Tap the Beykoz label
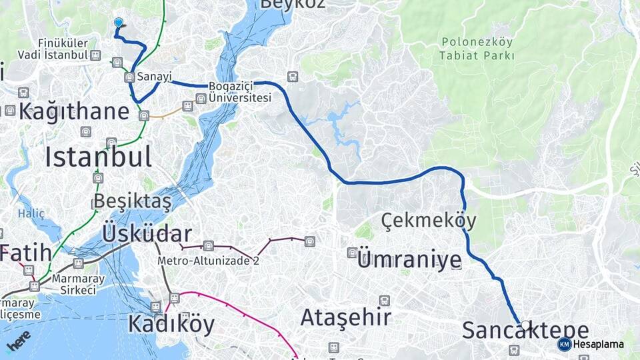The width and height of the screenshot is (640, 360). click(x=292, y=4)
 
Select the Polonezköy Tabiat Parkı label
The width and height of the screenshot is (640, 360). click(x=477, y=49)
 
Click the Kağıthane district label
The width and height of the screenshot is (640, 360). click(x=73, y=111)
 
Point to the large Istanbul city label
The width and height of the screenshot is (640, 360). click(x=98, y=157)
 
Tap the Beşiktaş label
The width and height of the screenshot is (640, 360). click(x=133, y=201)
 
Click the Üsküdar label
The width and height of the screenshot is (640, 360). click(x=147, y=233)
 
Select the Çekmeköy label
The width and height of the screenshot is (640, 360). click(x=429, y=220)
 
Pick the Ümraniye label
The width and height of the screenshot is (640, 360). click(x=409, y=259)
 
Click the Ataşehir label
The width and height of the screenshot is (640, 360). click(x=345, y=317)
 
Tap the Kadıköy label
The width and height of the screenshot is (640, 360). click(x=171, y=325)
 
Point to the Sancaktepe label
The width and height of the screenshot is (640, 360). click(x=525, y=330)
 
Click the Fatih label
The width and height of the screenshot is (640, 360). click(x=25, y=253)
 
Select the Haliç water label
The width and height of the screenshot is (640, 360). click(x=31, y=214)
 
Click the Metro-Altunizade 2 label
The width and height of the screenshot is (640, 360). click(x=208, y=261)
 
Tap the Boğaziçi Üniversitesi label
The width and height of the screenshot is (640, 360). click(x=239, y=92)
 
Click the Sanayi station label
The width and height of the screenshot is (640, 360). click(x=155, y=77)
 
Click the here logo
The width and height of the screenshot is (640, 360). click(x=19, y=340)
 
